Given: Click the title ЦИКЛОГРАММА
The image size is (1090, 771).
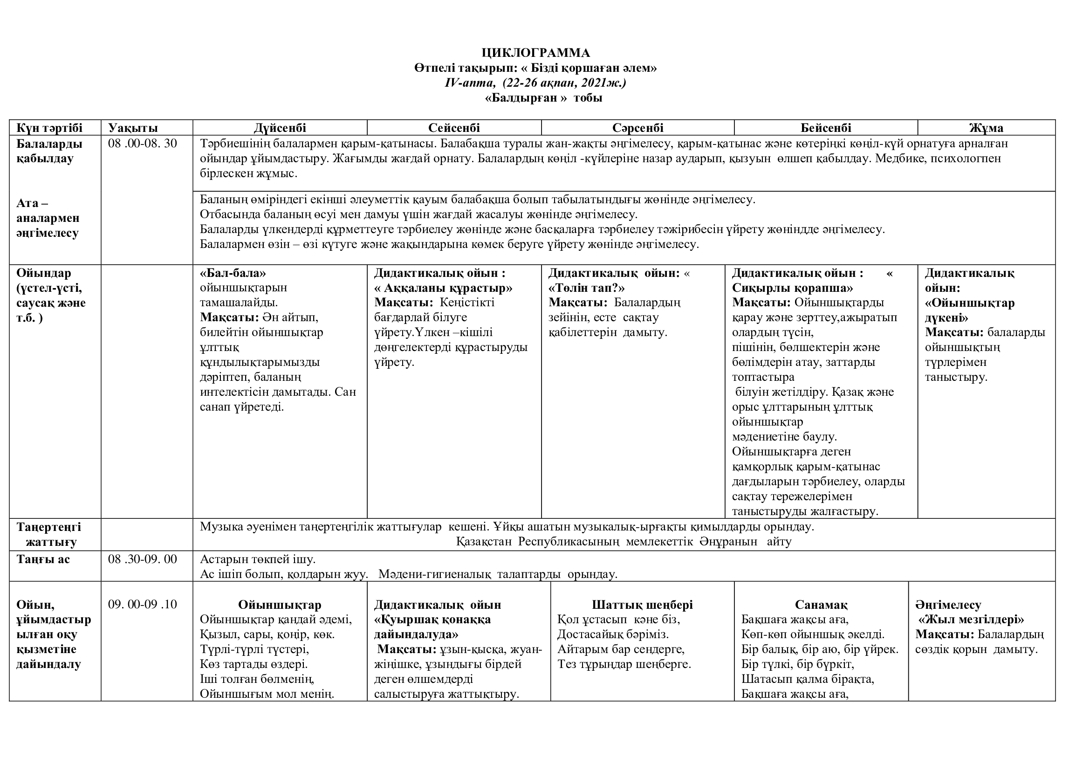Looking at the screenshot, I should pos(535,53).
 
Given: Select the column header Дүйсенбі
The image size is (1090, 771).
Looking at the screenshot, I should pos(280,128).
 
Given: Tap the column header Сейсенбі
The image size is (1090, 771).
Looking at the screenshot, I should pos(454,128).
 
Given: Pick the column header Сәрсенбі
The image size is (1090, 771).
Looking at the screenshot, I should pos(638,128).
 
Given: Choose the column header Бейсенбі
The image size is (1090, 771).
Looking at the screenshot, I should pos(826,128).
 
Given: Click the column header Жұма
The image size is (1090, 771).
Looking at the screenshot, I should pos(986,128).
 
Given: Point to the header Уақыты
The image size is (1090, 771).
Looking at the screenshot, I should pos(133,128).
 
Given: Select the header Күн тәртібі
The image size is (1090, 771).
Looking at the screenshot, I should pos(49,128).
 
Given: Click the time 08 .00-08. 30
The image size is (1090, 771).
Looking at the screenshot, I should pos(143,144).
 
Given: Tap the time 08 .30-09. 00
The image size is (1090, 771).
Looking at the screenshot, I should pos(143,559).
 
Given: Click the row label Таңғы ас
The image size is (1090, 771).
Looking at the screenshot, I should pos(43,559).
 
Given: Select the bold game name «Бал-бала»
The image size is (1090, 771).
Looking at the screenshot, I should pos(233,273).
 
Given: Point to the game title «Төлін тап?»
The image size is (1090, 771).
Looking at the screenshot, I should pos(586,288).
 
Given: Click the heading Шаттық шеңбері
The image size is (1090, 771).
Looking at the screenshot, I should pos(642,605).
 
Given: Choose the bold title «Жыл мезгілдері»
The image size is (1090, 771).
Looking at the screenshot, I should pos(971,620).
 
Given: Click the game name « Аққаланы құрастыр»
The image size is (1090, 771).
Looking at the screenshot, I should pos(443,288).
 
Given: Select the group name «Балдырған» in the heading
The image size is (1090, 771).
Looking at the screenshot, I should pos(526,98).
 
